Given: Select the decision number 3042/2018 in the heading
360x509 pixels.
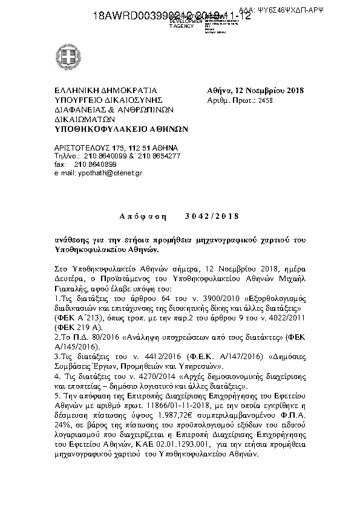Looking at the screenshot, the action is [213, 216].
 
